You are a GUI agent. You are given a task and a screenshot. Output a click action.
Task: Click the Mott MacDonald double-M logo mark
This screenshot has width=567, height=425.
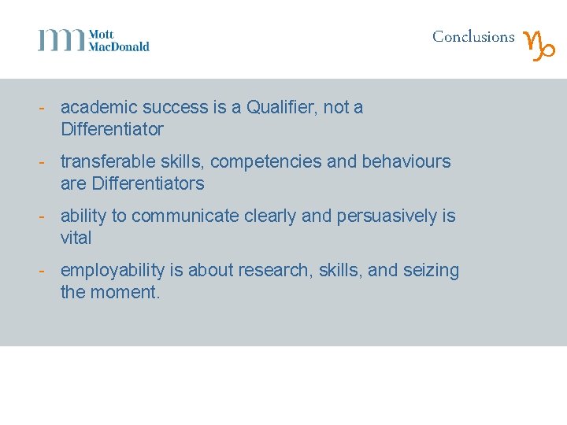(61, 40)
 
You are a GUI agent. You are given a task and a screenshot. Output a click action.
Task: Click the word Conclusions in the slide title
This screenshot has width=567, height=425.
(473, 37)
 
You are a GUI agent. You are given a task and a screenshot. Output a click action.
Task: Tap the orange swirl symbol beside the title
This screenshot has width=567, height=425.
(540, 46)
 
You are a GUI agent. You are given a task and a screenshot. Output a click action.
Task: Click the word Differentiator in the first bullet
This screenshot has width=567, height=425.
(112, 129)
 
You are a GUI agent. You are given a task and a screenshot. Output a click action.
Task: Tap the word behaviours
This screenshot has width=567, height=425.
(406, 161)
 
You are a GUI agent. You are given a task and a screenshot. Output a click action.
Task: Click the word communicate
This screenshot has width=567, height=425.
(184, 216)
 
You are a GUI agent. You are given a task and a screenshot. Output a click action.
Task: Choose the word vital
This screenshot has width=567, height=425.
(76, 238)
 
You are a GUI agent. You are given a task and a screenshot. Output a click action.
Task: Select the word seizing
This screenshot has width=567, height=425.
(431, 270)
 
